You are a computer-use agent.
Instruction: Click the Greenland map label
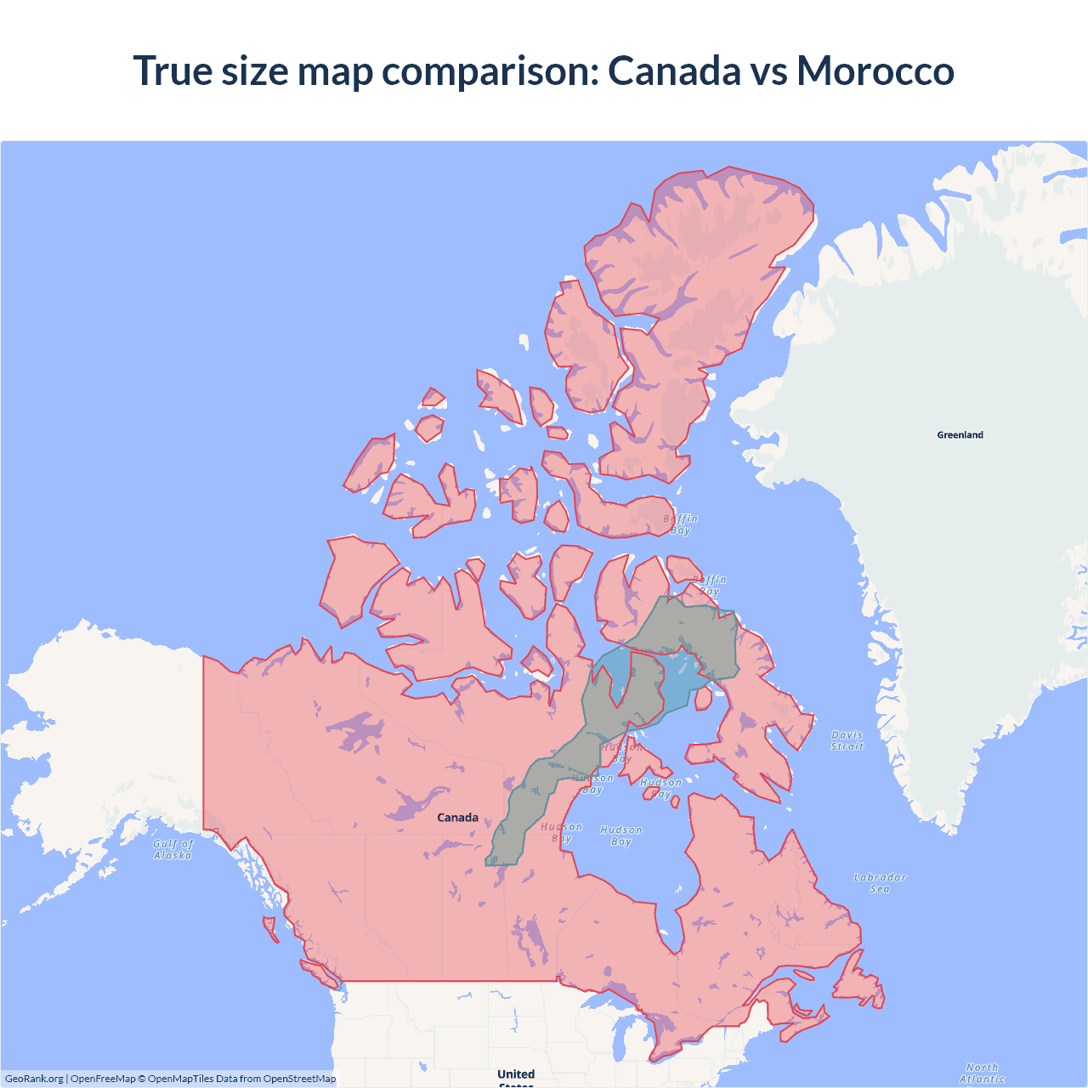(960, 435)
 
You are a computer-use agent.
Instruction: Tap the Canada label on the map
(457, 818)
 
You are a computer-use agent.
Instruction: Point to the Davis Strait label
(847, 740)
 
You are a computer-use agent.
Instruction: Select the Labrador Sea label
(880, 883)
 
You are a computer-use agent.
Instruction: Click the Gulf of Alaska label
(173, 849)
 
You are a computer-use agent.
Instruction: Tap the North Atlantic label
(982, 1073)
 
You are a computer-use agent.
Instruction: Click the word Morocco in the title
(875, 71)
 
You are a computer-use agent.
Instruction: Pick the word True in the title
(173, 71)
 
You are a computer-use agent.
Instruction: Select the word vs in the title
(768, 71)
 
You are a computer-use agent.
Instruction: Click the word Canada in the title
(674, 71)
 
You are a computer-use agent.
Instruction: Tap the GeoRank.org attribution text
(34, 1079)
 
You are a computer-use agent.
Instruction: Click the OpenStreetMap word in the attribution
(299, 1079)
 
